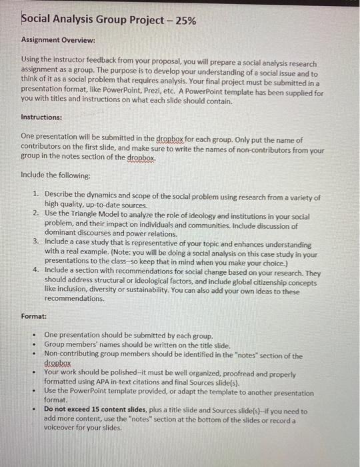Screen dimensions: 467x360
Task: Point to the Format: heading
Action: [34, 316]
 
